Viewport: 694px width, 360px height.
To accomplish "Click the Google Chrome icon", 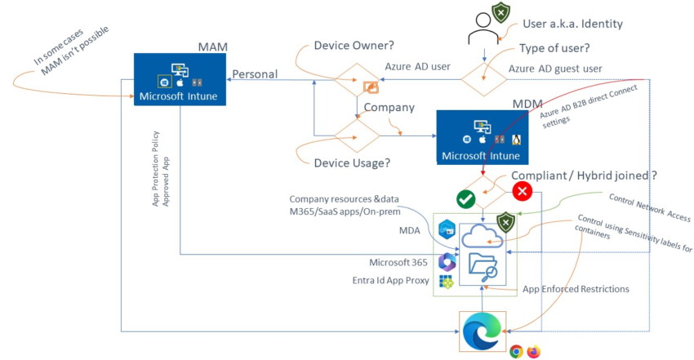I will [x=516, y=351].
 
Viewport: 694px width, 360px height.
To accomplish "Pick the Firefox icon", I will [x=534, y=351].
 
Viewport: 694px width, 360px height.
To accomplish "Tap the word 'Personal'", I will [x=255, y=74].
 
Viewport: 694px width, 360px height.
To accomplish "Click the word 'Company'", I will [x=389, y=107].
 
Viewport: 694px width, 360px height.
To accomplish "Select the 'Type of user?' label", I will [x=554, y=47].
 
